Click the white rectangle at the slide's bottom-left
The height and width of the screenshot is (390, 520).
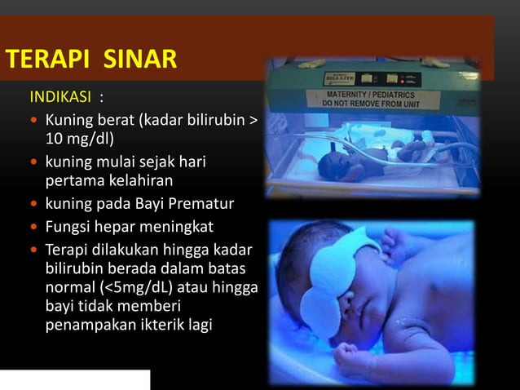pos(75,379)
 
